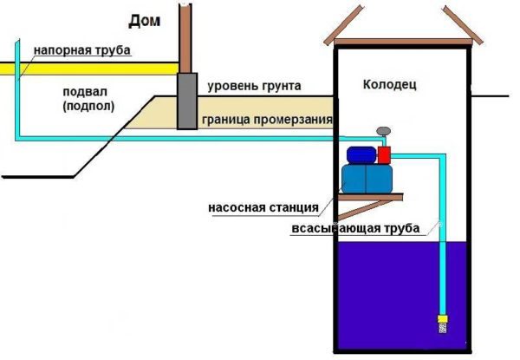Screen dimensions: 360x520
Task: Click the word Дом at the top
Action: [x=145, y=19]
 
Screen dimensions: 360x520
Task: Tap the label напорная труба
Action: [x=82, y=50]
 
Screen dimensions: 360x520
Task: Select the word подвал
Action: [x=84, y=90]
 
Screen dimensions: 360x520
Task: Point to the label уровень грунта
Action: [x=254, y=86]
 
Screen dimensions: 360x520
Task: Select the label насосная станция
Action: [x=263, y=207]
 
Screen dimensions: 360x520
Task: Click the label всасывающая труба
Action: [x=356, y=229]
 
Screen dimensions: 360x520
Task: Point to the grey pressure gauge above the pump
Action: [x=382, y=133]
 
